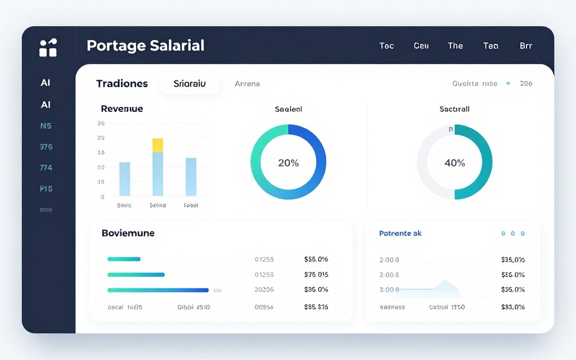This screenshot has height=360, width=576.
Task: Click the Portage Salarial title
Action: pos(145,46)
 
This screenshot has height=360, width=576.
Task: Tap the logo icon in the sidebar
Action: pos(48,48)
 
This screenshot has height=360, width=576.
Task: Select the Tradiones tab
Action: pos(121,84)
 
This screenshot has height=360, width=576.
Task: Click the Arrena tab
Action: pos(247,84)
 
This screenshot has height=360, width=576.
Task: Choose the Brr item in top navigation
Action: pos(525,46)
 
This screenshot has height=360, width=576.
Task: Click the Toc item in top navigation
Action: pos(386,46)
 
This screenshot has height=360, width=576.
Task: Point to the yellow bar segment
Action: pos(157,145)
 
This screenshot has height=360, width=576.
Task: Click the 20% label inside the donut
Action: pos(288,163)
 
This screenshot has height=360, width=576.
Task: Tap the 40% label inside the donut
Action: pos(454,163)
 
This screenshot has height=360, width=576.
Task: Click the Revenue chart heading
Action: pos(121,109)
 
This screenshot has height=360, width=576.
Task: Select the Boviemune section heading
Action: pos(128,233)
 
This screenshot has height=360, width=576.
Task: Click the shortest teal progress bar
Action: pos(123,259)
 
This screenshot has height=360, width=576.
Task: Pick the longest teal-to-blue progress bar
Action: pos(157,290)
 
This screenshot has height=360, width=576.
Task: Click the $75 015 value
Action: pos(316,274)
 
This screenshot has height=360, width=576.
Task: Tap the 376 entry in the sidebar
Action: pos(46,147)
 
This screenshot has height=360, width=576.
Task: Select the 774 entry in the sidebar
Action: pos(46,168)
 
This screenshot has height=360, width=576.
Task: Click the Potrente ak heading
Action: pos(400,233)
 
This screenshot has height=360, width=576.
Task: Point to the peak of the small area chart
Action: pos(445,280)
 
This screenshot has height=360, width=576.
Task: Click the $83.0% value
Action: pos(512,307)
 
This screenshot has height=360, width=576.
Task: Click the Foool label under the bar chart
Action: pos(191,206)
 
